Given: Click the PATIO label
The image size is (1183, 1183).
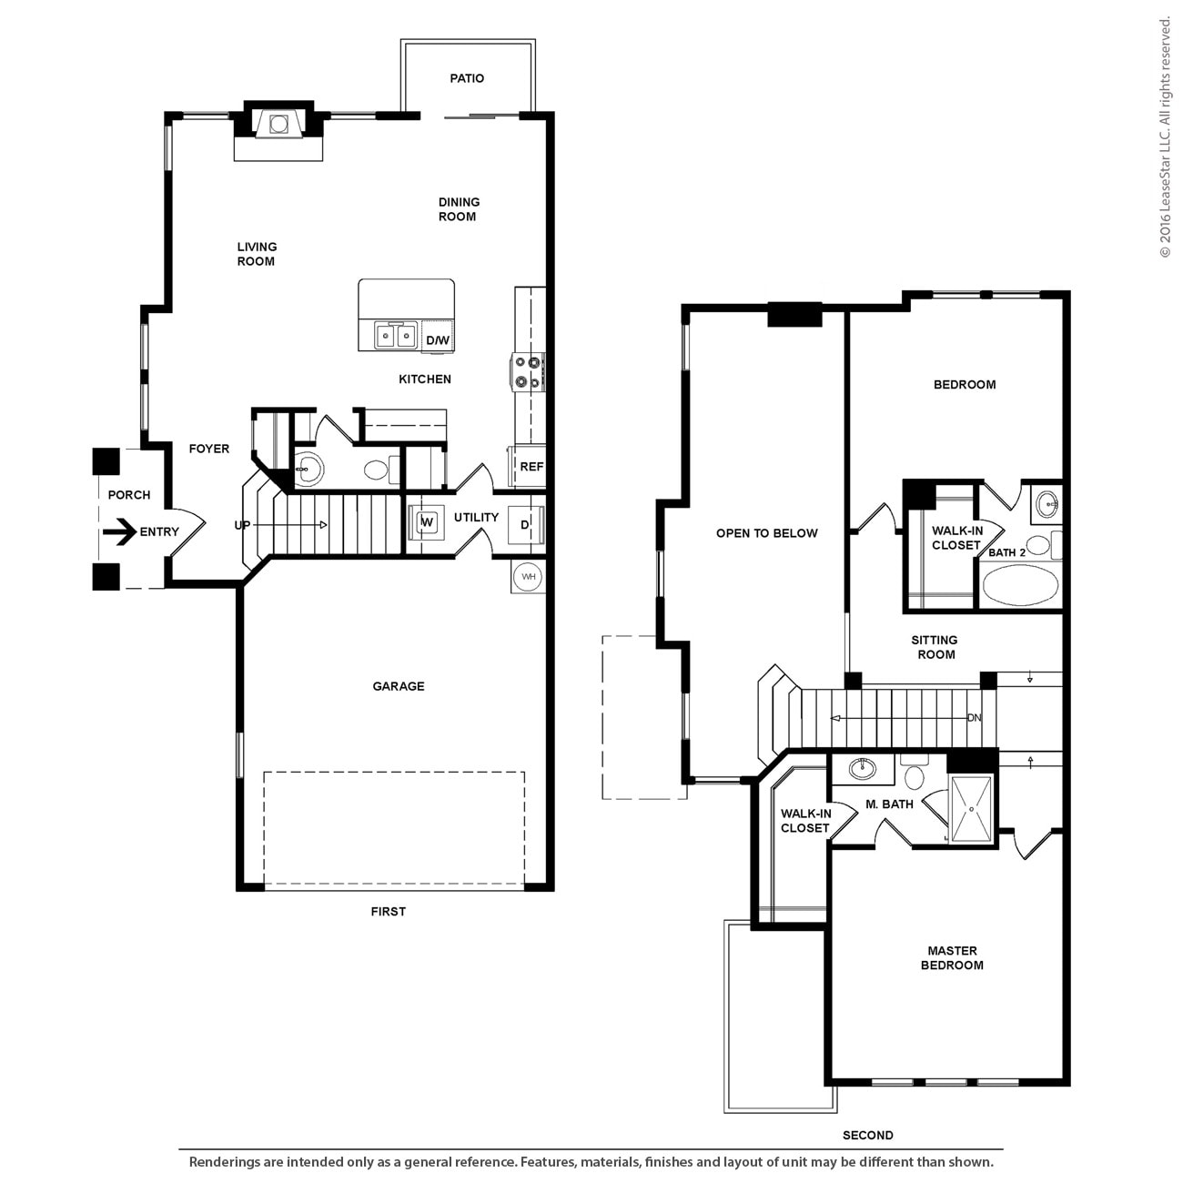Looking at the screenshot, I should [x=467, y=78].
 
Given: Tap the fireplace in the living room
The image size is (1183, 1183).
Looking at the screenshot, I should [x=278, y=124].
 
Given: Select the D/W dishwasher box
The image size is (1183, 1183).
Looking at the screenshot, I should [x=438, y=339].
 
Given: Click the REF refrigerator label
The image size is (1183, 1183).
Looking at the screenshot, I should [x=531, y=467].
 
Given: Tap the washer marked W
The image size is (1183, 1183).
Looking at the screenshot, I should [x=425, y=522].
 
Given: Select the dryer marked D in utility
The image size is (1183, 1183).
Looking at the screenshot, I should [x=525, y=525].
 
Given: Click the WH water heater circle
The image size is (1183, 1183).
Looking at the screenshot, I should [x=527, y=576].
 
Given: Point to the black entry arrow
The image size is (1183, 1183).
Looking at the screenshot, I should [x=118, y=531].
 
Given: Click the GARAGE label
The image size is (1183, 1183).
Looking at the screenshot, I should [x=399, y=686].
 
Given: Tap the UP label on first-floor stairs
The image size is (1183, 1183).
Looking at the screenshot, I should [x=242, y=525].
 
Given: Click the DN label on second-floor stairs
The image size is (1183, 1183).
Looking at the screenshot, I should [x=975, y=718].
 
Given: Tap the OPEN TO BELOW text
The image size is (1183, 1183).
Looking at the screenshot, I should [x=766, y=533].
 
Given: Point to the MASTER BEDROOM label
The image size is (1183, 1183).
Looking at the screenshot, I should [x=952, y=957].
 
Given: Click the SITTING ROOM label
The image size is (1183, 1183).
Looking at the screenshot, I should [x=935, y=647].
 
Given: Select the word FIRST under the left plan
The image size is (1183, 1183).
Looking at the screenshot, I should [x=388, y=911].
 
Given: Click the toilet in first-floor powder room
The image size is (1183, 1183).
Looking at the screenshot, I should [x=376, y=470].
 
